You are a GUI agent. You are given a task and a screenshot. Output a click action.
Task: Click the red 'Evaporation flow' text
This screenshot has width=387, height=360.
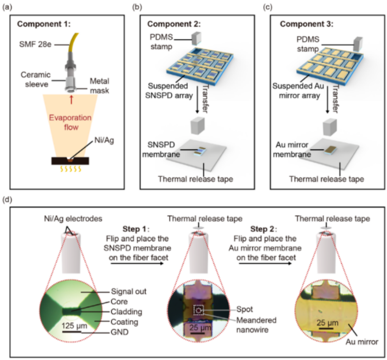click(67, 124)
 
